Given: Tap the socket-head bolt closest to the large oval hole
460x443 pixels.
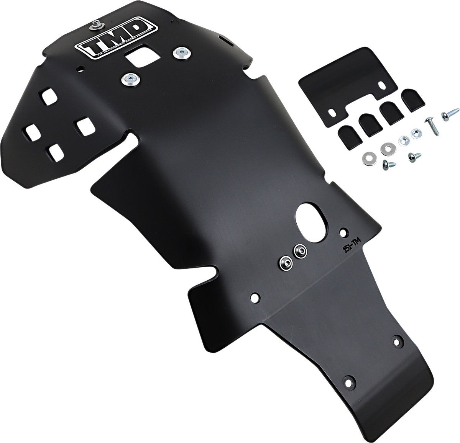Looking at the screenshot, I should click(299, 252).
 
